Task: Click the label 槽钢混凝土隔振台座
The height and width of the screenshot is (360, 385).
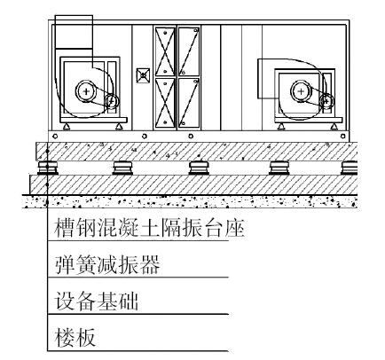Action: click(149, 228)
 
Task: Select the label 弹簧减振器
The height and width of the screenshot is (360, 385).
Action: click(107, 264)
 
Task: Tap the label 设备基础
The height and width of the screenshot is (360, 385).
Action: click(96, 301)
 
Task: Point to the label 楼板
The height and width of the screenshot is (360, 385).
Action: click(75, 337)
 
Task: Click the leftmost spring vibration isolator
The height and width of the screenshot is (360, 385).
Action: click(47, 168)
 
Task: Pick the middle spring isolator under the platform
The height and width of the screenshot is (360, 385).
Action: click(199, 168)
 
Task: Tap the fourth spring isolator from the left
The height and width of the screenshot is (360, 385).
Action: click(279, 168)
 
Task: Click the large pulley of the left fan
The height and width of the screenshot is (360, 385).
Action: click(86, 91)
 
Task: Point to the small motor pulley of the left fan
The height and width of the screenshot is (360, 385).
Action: click(112, 101)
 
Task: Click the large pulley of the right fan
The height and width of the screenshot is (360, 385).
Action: click(301, 91)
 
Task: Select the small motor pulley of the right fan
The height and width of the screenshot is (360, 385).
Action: click(326, 100)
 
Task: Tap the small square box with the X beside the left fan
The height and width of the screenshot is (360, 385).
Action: click(143, 75)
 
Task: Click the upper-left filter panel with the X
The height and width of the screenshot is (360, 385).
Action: click(165, 51)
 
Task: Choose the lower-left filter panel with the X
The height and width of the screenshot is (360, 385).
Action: click(165, 103)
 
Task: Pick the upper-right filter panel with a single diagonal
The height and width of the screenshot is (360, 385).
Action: click(189, 51)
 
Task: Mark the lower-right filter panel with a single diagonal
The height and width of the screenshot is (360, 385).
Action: click(189, 103)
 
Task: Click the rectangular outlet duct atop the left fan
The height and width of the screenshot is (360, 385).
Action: click(74, 32)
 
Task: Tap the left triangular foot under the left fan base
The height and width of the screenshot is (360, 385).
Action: click(67, 127)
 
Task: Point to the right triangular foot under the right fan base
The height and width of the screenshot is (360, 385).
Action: click(334, 127)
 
